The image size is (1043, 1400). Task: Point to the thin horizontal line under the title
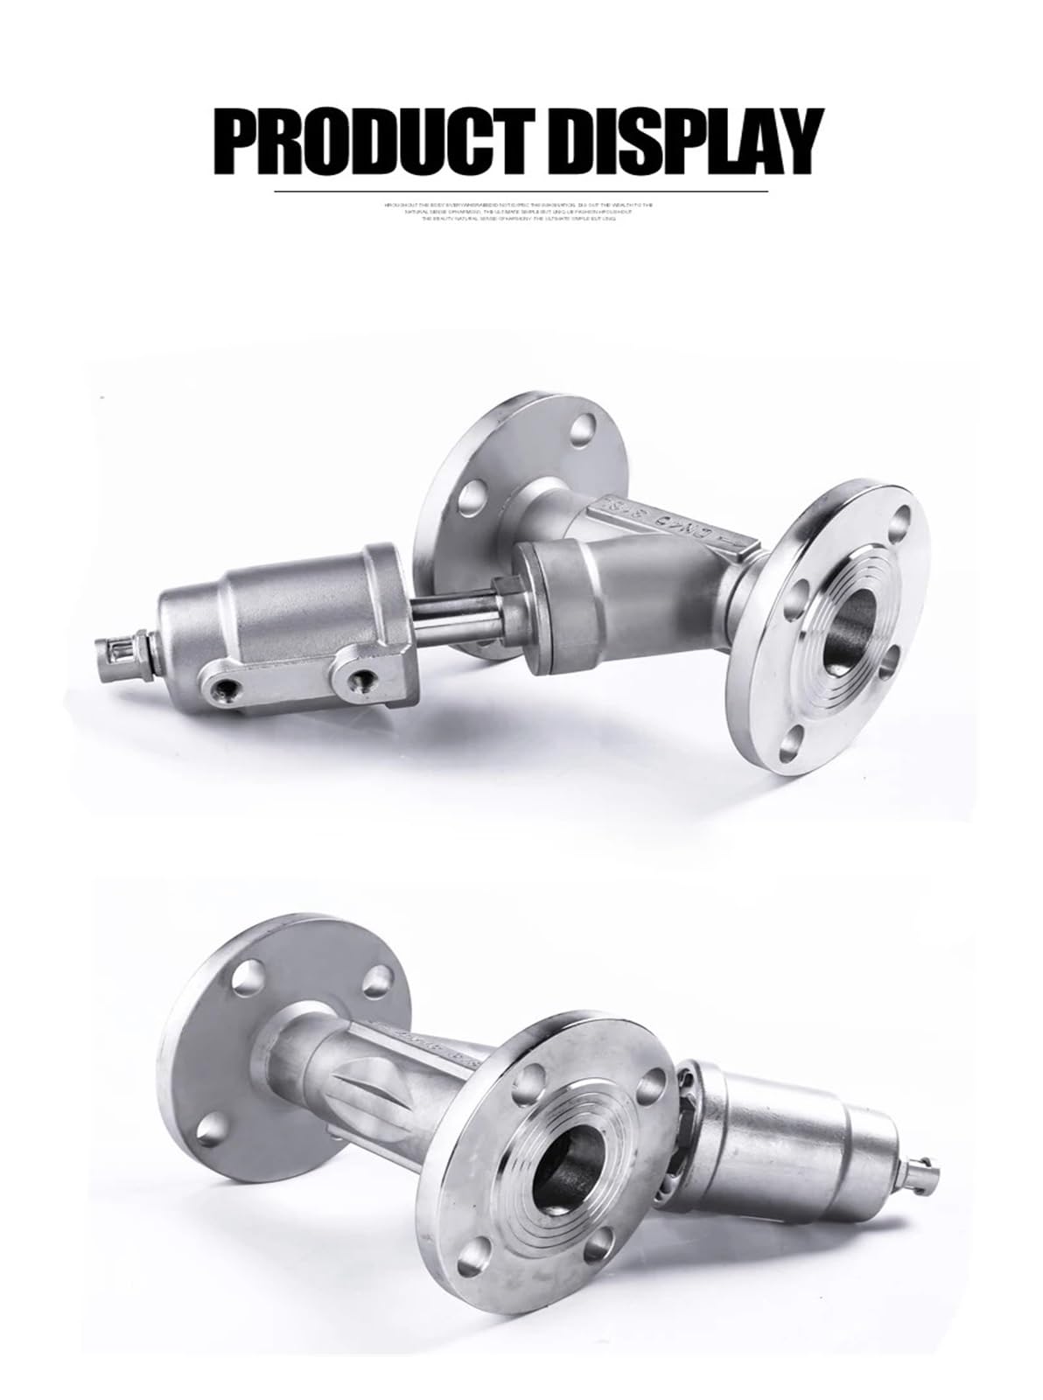click(521, 190)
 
